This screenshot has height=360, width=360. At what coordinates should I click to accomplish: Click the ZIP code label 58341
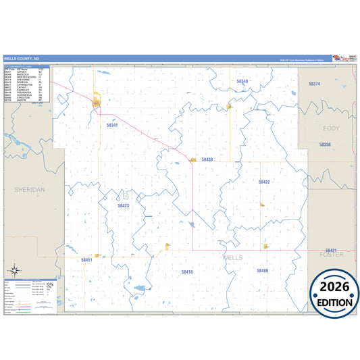pos(112,125)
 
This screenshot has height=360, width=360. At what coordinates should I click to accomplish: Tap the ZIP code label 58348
pos(242,81)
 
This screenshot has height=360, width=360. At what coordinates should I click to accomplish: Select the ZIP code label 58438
pos(207,159)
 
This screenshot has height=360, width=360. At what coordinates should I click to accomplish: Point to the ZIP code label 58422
pos(264,182)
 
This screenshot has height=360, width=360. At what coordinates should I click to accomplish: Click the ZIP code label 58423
pos(123,205)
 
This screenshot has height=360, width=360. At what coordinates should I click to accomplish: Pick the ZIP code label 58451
pos(86,259)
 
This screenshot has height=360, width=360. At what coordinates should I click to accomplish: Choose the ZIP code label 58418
pos(187,272)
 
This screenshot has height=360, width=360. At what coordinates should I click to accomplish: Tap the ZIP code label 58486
pos(263,270)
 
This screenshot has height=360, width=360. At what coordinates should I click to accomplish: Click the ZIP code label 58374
pos(314,84)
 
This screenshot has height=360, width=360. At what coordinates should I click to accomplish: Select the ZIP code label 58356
pos(325,145)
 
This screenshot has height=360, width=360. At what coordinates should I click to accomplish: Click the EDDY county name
pos(332,128)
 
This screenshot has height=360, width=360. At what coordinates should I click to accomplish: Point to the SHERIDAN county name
pos(29,190)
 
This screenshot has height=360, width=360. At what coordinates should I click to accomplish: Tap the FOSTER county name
pos(331,255)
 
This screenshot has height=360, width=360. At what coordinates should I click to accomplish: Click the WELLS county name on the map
pos(233,257)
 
